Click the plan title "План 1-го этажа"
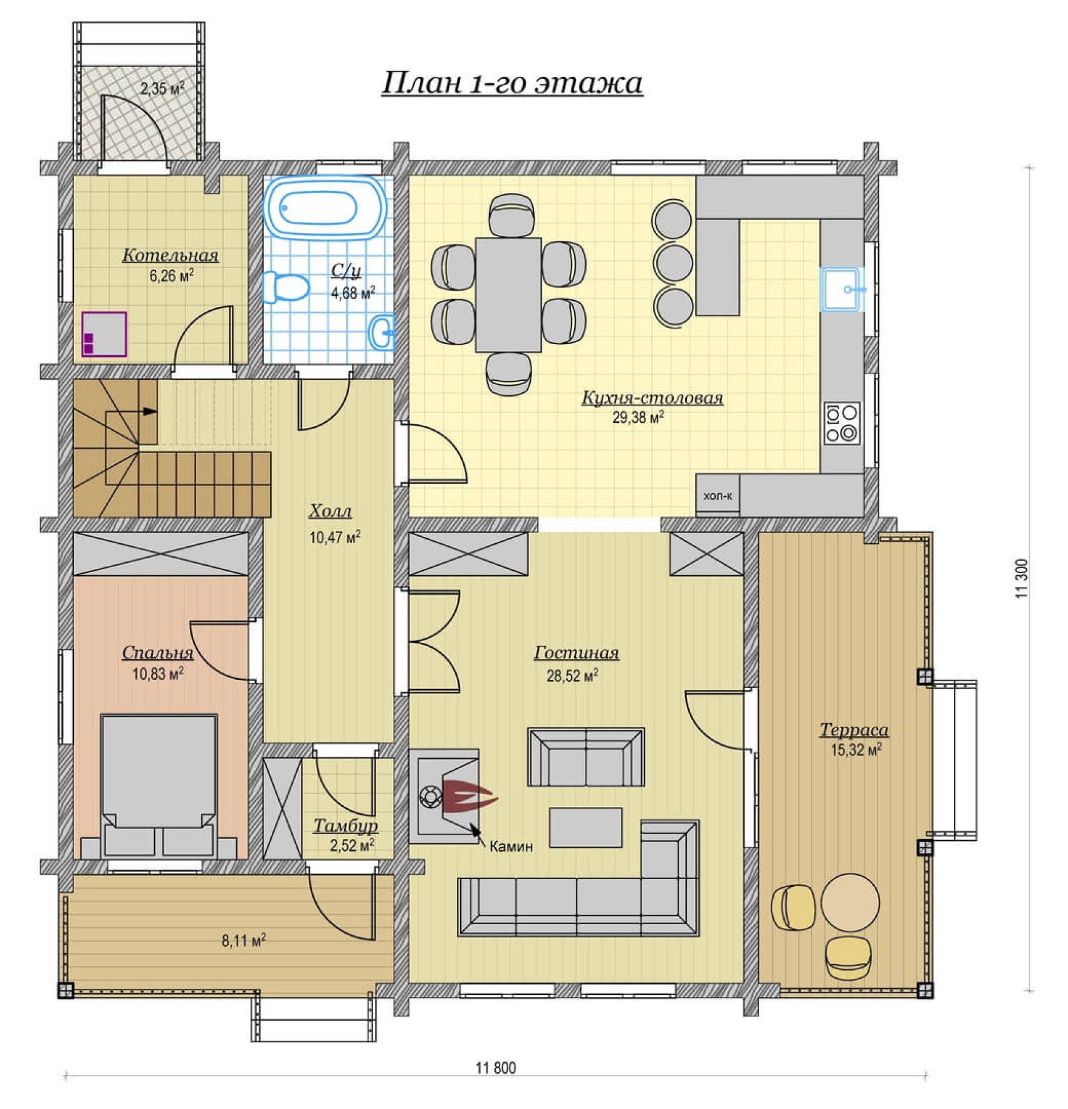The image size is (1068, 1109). coord(512,83)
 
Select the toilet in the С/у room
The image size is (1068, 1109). coord(286,288)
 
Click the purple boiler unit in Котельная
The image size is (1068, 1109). coord(104,335)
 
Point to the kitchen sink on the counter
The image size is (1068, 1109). coord(844,289)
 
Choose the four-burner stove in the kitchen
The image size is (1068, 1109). coord(842,423)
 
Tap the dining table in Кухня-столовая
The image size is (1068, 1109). coord(508,294)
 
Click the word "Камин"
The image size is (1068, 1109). coord(511,846)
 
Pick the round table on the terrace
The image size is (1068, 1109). coord(850,902)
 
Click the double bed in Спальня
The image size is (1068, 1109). coord(159,786)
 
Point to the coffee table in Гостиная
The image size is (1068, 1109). coord(586,828)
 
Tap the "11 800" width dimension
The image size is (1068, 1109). coord(496,1068)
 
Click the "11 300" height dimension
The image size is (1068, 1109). coord(1022,578)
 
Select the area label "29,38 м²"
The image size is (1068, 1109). coord(638,417)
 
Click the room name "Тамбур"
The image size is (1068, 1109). coord(345,826)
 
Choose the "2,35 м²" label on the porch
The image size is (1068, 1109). coord(162,88)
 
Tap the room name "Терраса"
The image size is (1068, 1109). coord(854,730)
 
